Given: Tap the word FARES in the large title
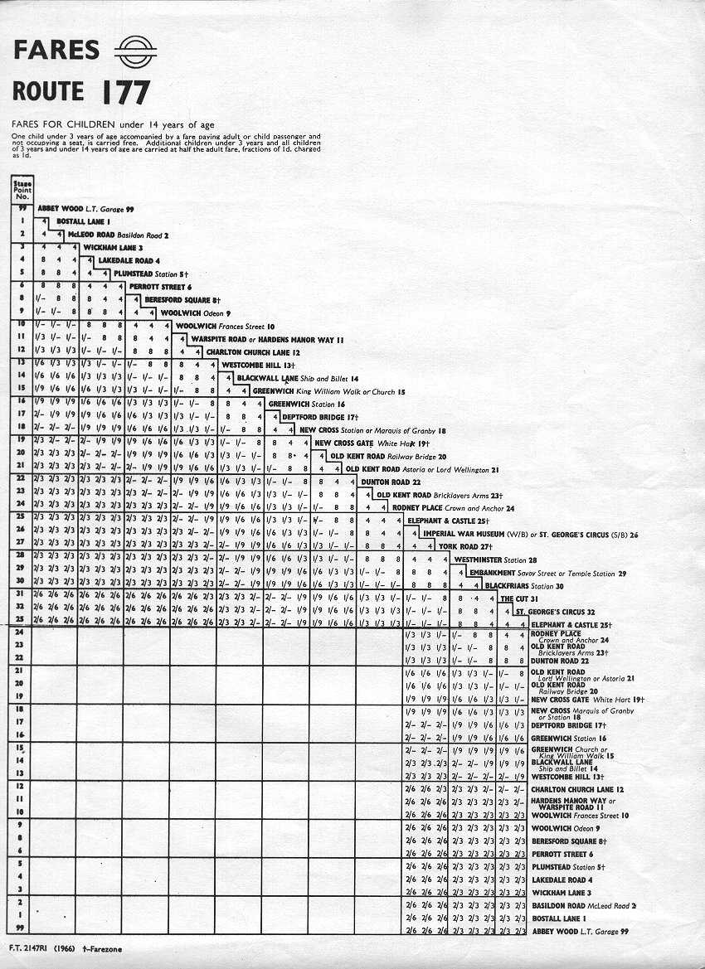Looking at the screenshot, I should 56,51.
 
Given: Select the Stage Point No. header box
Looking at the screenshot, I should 23,190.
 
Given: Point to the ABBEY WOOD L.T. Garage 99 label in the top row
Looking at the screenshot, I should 85,208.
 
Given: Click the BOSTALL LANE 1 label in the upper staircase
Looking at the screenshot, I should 83,221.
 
